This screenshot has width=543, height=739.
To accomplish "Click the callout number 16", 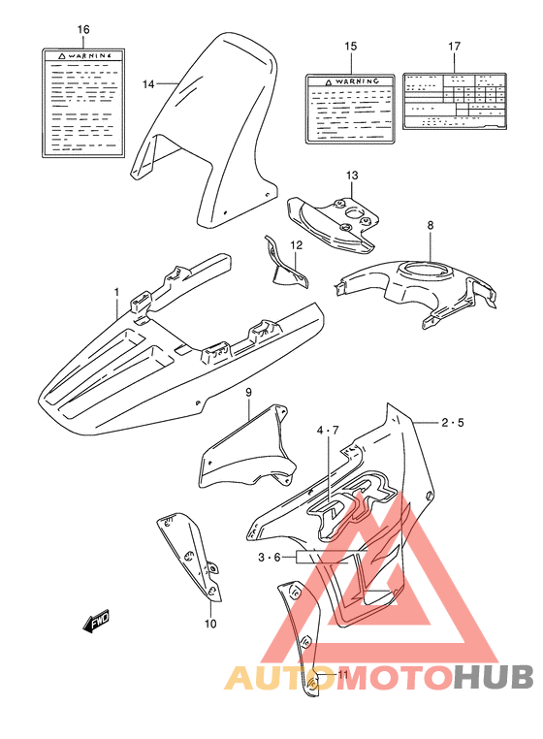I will pos(83,30).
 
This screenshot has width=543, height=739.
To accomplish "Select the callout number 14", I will pos(148,84).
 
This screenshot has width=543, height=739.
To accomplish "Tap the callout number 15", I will pos(351,47).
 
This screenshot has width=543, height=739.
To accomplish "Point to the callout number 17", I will pos(455,47).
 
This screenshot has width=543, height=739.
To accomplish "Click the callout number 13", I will pos(351,175).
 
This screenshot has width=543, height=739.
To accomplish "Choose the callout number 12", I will pos(296,245).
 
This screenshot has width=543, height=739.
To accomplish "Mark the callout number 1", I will pos(115,291).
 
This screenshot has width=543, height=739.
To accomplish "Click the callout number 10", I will pos(210,624).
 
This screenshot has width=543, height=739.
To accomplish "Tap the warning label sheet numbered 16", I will pos(83,103).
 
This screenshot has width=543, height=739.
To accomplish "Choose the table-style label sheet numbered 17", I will pos(455,99).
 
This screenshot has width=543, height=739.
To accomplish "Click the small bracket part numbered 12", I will pos(288,267).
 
